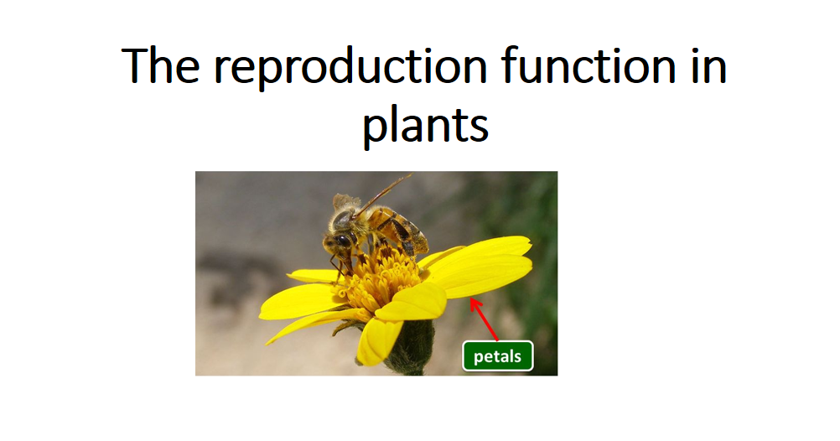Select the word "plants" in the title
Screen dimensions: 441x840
point(425,125)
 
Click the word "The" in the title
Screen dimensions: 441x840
point(163,67)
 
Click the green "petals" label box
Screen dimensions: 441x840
point(498,356)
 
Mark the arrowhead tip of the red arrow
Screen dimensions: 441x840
point(471,300)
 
